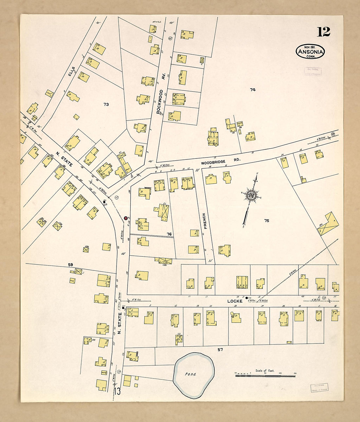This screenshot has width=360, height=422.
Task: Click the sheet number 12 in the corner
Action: click(323, 32)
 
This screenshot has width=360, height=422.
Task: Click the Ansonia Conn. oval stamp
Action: click(310, 52)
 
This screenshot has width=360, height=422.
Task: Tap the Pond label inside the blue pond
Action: click(190, 374)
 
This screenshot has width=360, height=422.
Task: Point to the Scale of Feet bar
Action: click(265, 376)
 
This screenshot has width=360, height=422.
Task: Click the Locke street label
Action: click(235, 301)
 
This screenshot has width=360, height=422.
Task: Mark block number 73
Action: click(106, 104)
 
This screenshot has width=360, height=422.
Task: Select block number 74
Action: click(252, 90)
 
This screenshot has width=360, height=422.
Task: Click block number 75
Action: click(267, 221)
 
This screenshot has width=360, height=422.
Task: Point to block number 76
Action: click(169, 234)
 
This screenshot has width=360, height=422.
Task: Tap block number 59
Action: click(70, 265)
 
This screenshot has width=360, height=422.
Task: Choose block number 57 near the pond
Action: click(220, 350)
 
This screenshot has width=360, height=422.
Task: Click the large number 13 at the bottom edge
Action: click(117, 391)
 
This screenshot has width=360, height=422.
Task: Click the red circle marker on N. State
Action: click(126, 218)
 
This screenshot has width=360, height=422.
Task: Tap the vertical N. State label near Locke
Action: click(119, 323)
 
